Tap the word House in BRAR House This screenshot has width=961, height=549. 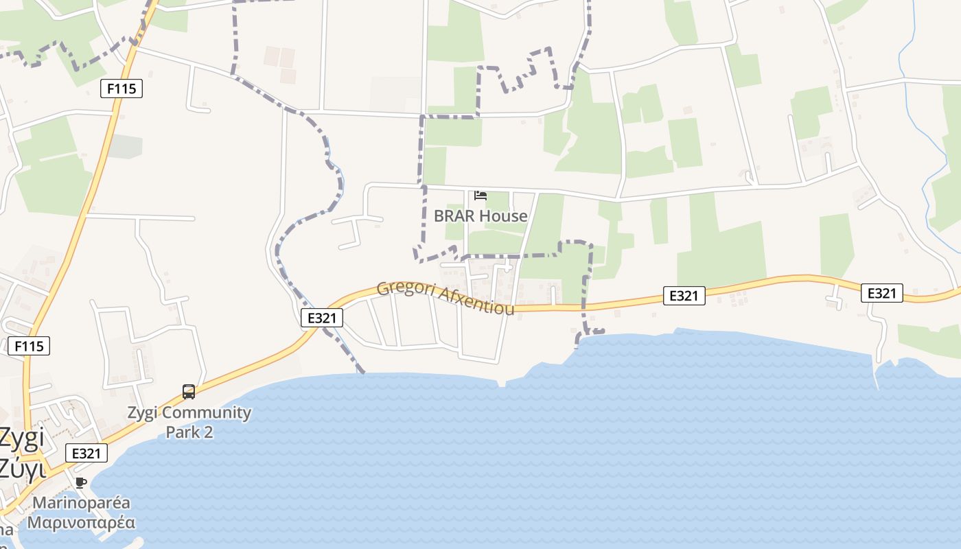[503, 216]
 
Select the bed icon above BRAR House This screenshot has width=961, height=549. [480, 196]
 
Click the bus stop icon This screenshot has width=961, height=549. [189, 392]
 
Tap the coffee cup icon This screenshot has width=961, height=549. [81, 482]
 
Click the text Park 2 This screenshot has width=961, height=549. [189, 432]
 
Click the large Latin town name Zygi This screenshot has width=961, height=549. [21, 438]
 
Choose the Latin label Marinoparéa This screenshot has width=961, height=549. [81, 503]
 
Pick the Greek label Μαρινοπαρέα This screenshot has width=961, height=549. [81, 522]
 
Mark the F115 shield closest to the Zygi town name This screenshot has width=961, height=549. [29, 346]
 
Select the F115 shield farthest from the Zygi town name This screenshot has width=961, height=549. [121, 89]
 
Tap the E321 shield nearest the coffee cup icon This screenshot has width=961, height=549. [86, 453]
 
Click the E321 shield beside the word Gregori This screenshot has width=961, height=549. [321, 318]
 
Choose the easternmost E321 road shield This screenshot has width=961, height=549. [882, 293]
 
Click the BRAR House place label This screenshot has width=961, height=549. [480, 216]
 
